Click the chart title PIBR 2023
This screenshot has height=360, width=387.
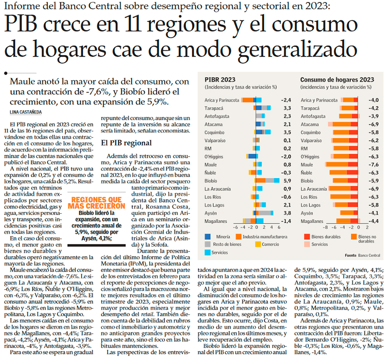[220, 80]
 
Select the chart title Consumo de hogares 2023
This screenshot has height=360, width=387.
[337, 80]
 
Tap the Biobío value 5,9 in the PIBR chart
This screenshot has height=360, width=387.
[287, 181]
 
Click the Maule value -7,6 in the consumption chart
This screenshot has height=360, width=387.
[373, 165]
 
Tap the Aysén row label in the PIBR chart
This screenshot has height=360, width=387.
[211, 213]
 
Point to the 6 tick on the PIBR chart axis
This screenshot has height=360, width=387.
[272, 228]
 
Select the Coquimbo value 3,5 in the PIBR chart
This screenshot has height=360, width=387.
[287, 133]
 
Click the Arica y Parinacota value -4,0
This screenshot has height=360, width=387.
[373, 100]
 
